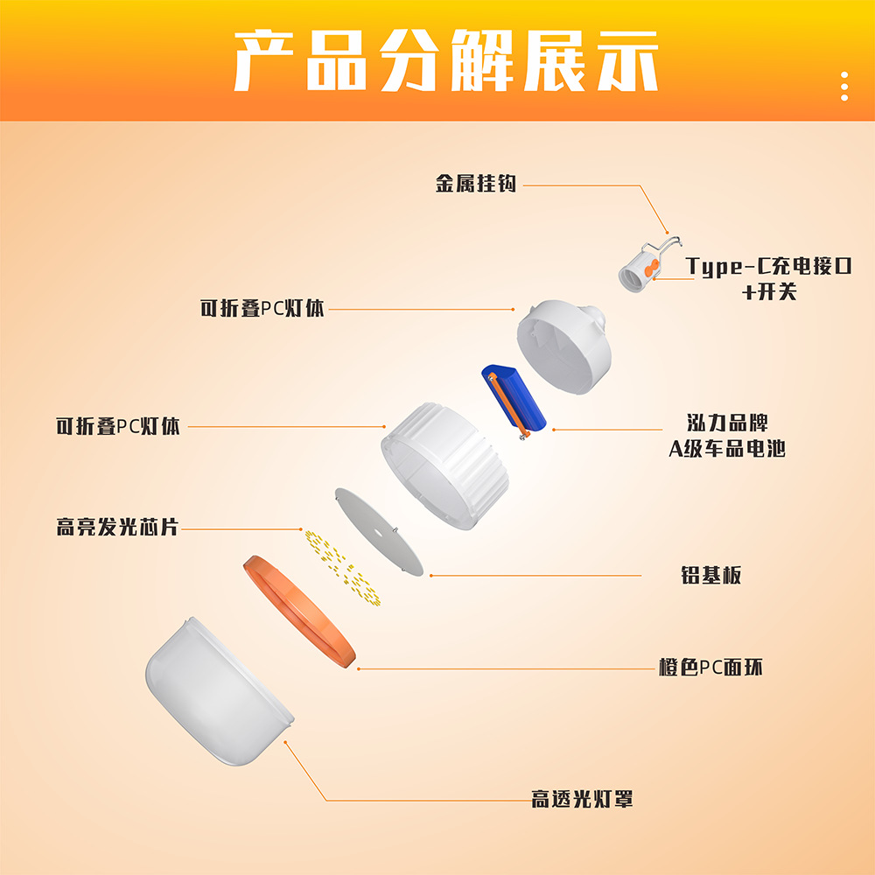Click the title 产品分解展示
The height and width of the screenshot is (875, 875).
click(445, 60)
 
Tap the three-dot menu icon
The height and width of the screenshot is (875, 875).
click(844, 87)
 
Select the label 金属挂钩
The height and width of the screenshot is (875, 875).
click(477, 184)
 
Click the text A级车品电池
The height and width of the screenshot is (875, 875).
click(727, 450)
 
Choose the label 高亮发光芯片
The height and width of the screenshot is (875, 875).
click(117, 528)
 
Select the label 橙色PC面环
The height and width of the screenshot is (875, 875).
click(710, 667)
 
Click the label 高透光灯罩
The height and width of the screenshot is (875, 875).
click(582, 799)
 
